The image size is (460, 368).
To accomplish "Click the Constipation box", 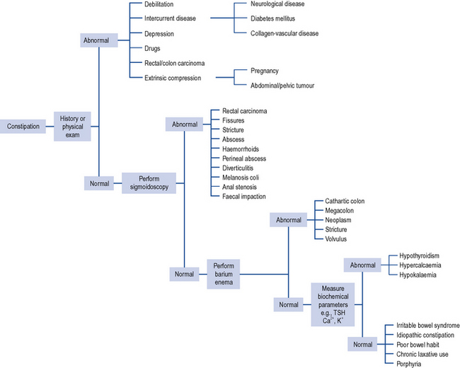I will pyautogui.click(x=23, y=127).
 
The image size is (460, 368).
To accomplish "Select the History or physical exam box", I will pyautogui.click(x=73, y=127).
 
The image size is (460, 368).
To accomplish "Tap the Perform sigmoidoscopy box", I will pyautogui.click(x=149, y=183).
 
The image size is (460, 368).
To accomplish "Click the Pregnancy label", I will pyautogui.click(x=265, y=71).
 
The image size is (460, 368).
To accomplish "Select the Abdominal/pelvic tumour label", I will pyautogui.click(x=282, y=86).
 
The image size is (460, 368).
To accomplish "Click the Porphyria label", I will pyautogui.click(x=410, y=363).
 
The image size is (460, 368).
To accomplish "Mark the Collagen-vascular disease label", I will pyautogui.click(x=284, y=33).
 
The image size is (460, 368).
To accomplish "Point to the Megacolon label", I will pyautogui.click(x=341, y=210).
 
